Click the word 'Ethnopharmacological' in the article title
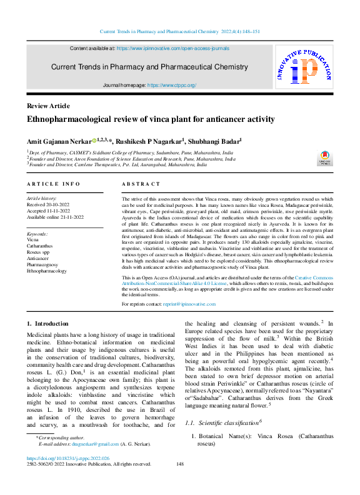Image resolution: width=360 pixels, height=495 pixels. coord(68,119)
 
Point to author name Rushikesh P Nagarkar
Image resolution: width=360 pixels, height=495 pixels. coord(150,141)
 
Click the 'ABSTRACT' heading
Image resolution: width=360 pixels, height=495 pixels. coord(137,184)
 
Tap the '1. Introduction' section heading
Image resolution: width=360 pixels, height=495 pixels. coord(48,324)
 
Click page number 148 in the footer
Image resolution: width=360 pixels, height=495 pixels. coord(180,481)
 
